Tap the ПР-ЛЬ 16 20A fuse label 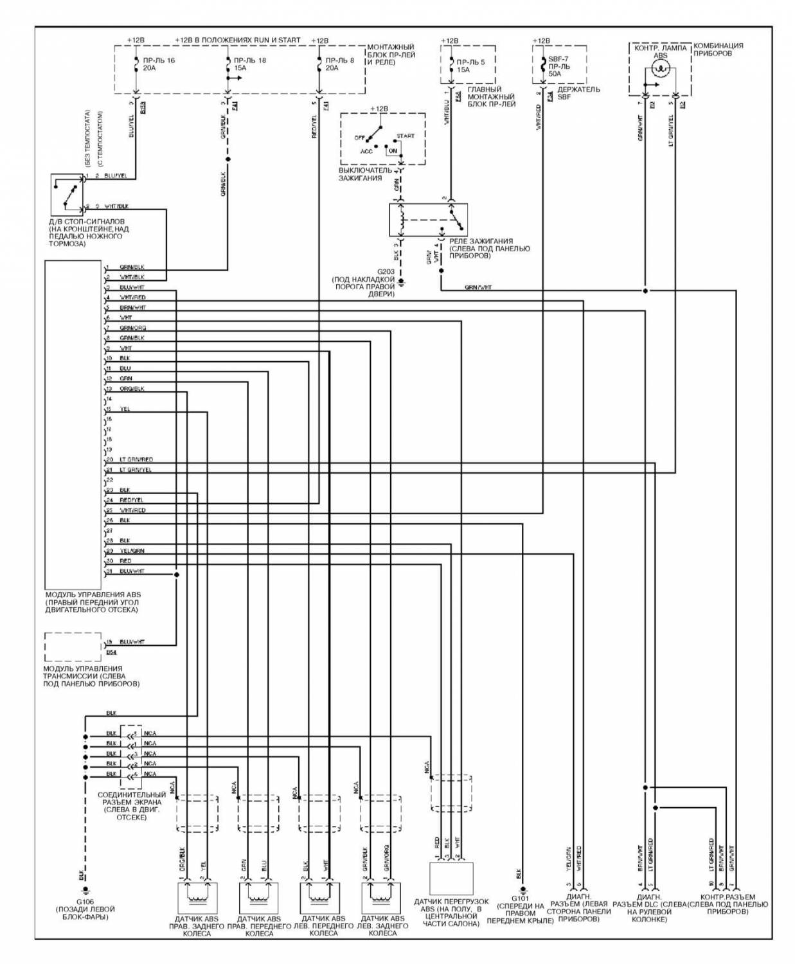click(158, 64)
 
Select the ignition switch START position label click(405, 136)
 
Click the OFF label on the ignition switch click(359, 138)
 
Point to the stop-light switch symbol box click(67, 193)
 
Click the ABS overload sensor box click(451, 878)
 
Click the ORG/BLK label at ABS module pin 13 click(132, 389)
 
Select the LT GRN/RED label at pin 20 click(136, 460)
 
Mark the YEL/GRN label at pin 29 click(132, 551)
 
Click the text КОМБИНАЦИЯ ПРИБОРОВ click(719, 49)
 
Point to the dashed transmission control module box click(73, 647)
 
